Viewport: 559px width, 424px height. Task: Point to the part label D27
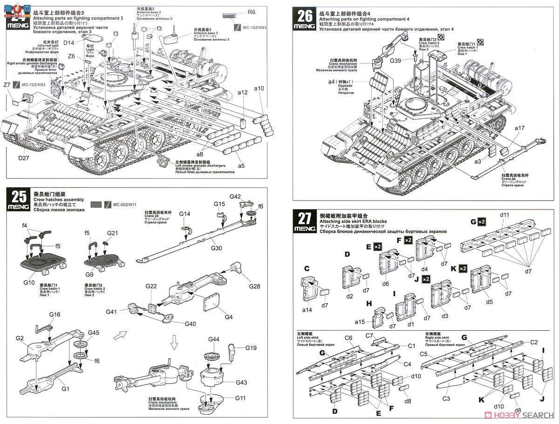[x=24, y=159]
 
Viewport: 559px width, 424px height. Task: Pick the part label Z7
[x=7, y=85]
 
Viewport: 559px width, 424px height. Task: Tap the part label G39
[x=395, y=61]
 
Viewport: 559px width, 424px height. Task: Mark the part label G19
[x=251, y=348]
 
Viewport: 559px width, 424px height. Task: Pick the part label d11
[x=504, y=215]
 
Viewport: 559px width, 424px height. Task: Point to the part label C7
[x=370, y=335]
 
